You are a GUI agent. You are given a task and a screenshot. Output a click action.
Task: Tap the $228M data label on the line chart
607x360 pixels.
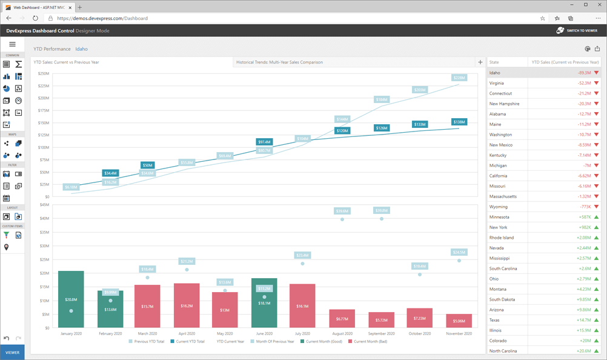[459, 78]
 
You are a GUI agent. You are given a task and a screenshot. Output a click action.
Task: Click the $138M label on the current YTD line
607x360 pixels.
[459, 122]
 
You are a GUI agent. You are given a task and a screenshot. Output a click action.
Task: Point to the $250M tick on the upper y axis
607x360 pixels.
[44, 73]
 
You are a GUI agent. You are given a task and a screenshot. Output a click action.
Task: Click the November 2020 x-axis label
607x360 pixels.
[459, 333]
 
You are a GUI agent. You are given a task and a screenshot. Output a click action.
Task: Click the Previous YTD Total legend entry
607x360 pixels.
[149, 341]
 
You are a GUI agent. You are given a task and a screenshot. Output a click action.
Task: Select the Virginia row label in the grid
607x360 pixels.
[496, 83]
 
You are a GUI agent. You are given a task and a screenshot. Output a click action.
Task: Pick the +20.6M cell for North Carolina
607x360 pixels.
[584, 351]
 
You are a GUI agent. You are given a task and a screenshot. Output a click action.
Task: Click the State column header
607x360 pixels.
[494, 62]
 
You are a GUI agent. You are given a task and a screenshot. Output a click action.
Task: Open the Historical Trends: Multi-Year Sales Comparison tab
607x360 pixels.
[279, 62]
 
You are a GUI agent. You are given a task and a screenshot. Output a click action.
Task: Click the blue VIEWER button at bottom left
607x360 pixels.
[12, 352]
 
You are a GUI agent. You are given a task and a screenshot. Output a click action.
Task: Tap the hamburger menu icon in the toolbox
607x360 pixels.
[12, 44]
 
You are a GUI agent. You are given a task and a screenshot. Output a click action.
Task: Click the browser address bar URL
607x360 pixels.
[102, 18]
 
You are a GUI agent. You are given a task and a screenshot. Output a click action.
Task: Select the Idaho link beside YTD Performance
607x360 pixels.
[81, 49]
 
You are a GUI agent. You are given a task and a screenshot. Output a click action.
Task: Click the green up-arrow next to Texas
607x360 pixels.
[597, 320]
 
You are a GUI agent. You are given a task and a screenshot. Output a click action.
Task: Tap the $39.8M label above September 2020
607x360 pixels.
[382, 210]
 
